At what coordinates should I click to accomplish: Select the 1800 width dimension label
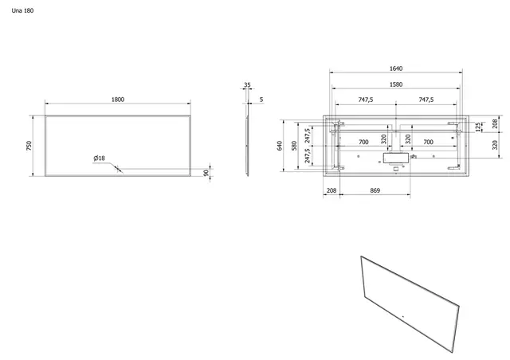coord(118,99)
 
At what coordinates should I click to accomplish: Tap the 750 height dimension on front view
coord(29,146)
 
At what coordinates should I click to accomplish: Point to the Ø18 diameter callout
coord(99,158)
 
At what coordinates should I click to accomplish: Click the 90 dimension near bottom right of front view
coord(206,172)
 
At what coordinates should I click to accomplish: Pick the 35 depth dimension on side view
coord(248,84)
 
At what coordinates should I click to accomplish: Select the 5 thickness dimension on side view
coord(262,99)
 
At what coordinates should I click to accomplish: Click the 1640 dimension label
coord(396,69)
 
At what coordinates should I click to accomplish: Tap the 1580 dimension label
coord(396,84)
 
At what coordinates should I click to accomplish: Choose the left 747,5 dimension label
coord(367,100)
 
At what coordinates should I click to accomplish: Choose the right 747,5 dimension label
coord(426,100)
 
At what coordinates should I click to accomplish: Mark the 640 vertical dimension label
coord(280,146)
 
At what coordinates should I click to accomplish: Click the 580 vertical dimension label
coord(294,146)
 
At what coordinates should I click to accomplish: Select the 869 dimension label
coord(374,191)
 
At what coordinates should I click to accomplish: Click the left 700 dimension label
coord(363,141)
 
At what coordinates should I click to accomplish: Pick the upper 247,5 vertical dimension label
coord(308,133)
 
